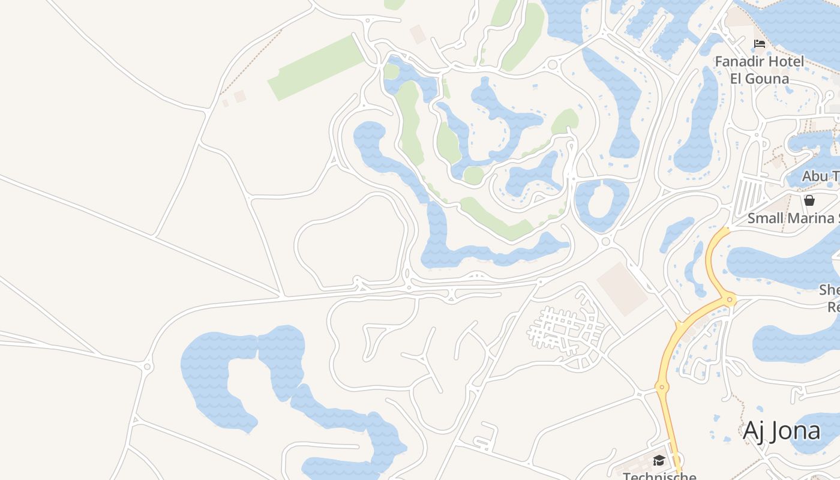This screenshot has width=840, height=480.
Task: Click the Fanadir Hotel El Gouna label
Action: (x=759, y=70)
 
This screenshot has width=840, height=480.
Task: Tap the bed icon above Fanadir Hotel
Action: (x=760, y=44)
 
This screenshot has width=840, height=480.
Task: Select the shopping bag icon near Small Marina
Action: (x=809, y=200)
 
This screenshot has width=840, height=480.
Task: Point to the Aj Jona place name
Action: (x=781, y=431)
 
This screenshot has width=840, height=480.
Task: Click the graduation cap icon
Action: (x=659, y=461)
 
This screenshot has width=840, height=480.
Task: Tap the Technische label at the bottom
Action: (x=659, y=476)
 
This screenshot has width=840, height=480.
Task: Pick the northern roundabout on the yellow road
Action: (x=730, y=299)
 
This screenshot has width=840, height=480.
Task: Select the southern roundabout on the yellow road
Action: (x=662, y=388)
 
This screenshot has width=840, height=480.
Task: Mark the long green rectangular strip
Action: (x=316, y=67)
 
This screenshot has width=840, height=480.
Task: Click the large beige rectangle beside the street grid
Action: (x=622, y=288)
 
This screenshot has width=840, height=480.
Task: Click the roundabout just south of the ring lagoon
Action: (x=605, y=241)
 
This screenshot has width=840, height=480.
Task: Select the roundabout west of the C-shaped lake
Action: (x=148, y=366)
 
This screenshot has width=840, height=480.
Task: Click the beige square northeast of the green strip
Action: (x=418, y=34)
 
